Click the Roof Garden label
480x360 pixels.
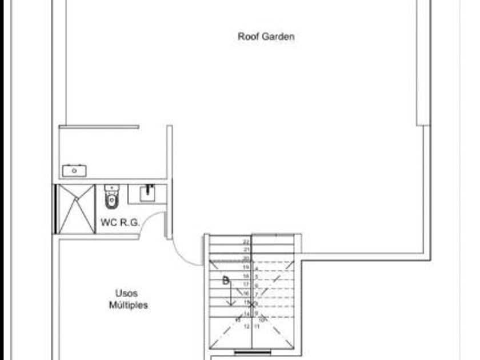[266, 37]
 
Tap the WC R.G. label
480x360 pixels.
[121, 223]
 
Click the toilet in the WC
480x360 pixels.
[111, 197]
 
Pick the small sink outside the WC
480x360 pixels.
[74, 170]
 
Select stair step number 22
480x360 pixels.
[247, 242]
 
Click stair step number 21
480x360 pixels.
[247, 250]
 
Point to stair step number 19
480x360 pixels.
[247, 267]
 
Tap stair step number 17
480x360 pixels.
[247, 284]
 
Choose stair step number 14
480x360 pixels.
[247, 314]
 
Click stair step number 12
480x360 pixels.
[247, 327]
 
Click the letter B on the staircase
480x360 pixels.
[226, 281]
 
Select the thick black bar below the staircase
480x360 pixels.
[253, 353]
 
